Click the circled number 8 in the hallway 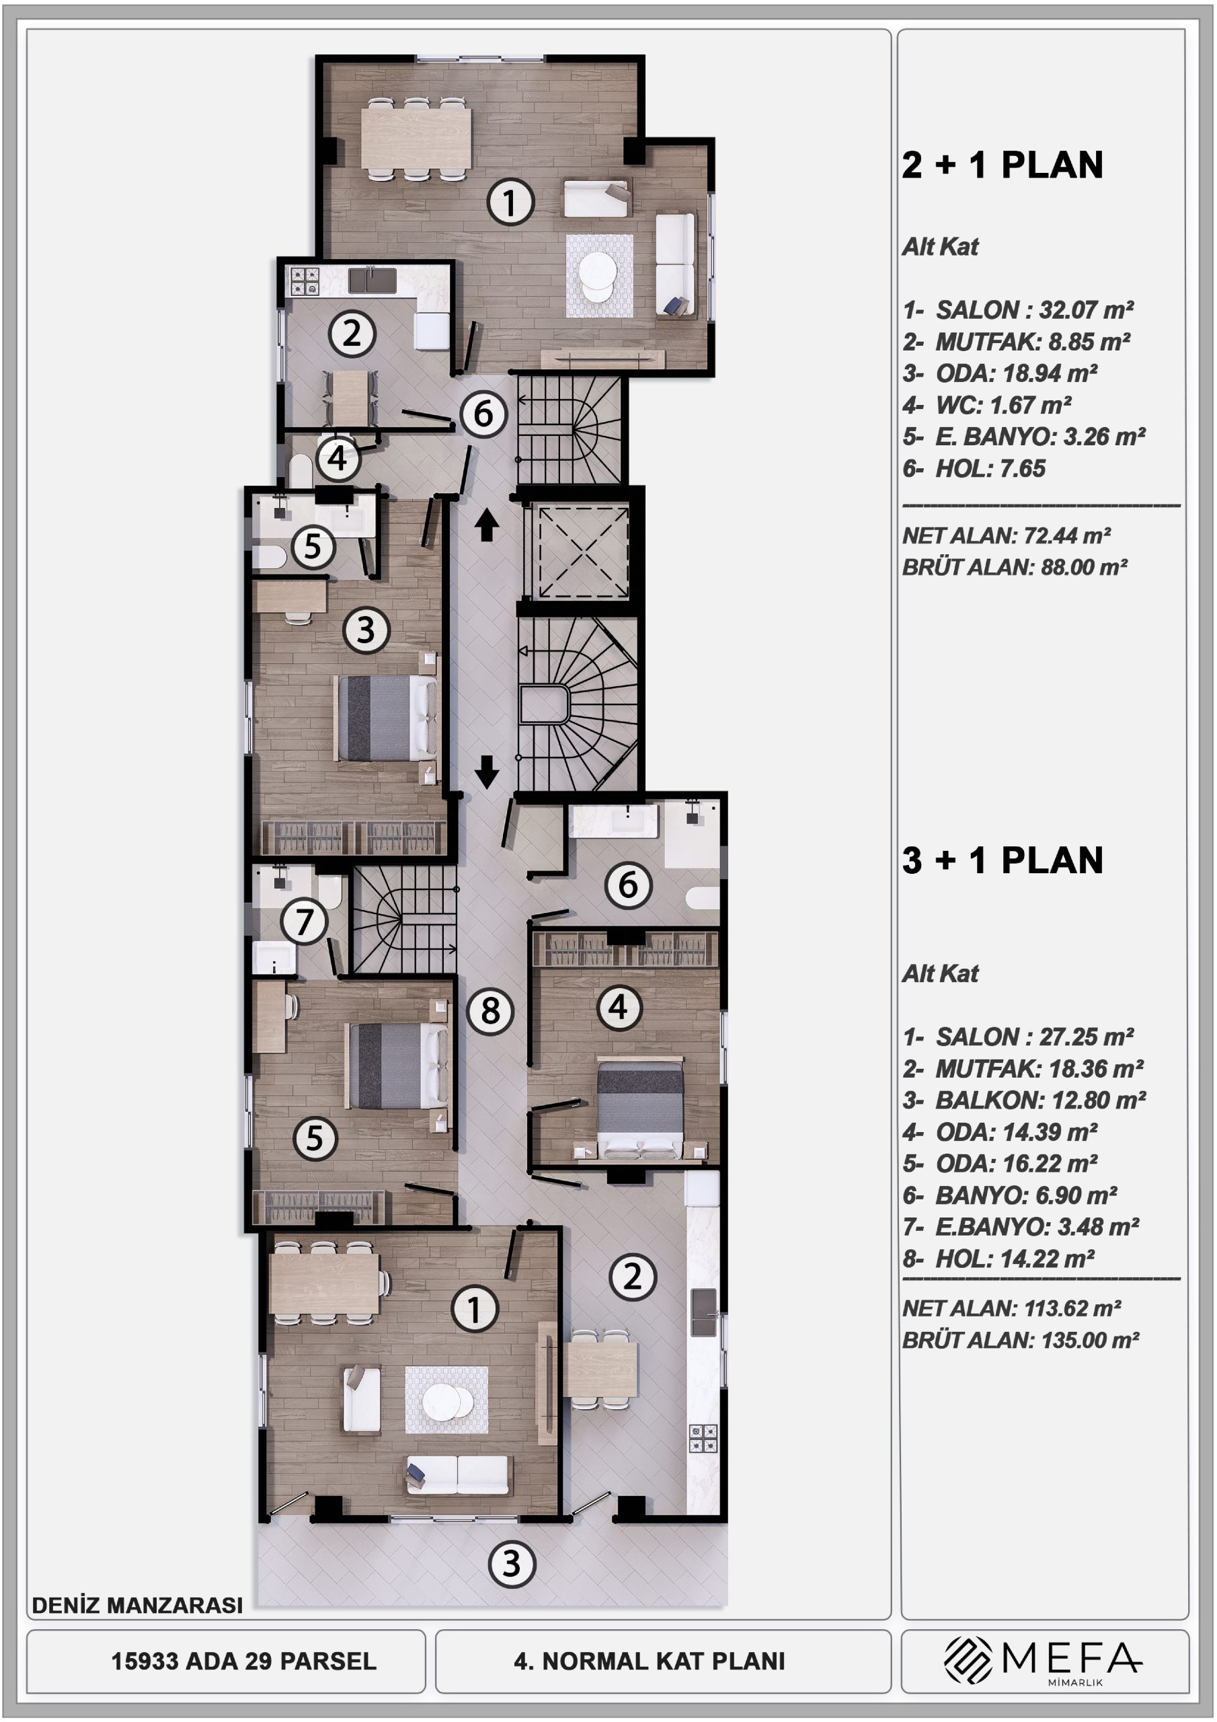pos(490,1011)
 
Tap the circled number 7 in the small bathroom pos(304,921)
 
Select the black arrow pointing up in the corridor pos(487,524)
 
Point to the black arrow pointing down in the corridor pos(487,772)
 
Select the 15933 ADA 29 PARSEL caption pos(243,1661)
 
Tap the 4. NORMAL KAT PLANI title pos(650,1661)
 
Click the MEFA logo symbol pos(968,1659)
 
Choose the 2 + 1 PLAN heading pos(1003,165)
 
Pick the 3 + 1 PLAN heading pos(1003,860)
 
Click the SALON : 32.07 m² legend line pos(1018,309)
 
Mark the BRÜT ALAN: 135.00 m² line pos(1021,1340)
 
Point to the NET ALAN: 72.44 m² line pos(1007,535)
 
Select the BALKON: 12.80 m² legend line pos(1024,1100)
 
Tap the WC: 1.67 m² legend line pos(987,406)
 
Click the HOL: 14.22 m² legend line pos(998,1259)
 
